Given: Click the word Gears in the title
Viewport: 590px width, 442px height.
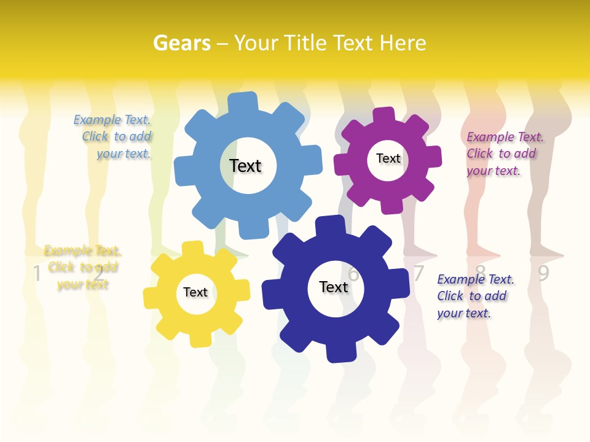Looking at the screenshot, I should [182, 43].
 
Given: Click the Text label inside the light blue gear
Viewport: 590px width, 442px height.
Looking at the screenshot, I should [245, 166].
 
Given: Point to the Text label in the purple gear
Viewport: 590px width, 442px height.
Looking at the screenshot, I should [388, 158].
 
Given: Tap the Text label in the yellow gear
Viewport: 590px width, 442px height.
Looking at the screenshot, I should [195, 292].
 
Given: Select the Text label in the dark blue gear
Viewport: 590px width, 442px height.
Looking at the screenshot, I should [334, 287].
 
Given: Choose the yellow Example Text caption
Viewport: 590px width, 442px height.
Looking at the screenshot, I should [82, 267].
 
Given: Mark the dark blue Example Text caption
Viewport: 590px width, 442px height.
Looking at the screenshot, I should [474, 296].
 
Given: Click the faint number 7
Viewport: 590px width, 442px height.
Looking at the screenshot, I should [419, 273].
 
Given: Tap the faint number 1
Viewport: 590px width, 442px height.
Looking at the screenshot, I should [37, 273].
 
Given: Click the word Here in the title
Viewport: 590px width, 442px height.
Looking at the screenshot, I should [403, 43].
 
